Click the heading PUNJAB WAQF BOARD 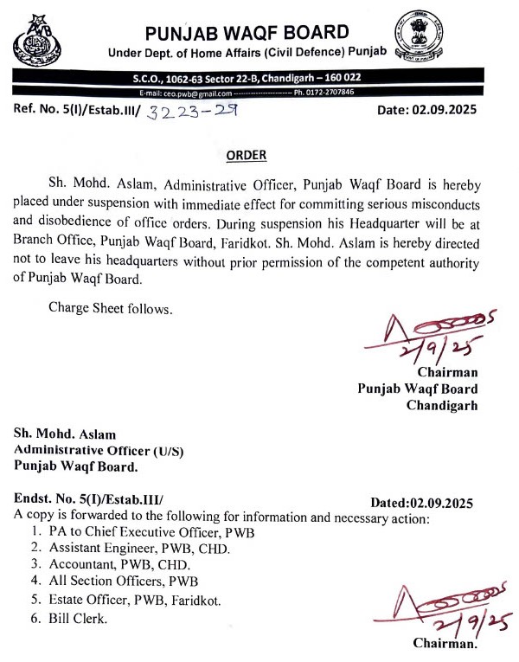(247, 34)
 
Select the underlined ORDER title (247, 156)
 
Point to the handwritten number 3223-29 (192, 112)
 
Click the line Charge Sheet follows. (98, 306)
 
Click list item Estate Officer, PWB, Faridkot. (137, 599)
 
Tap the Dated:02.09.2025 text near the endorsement (421, 503)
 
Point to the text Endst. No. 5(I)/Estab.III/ (89, 499)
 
